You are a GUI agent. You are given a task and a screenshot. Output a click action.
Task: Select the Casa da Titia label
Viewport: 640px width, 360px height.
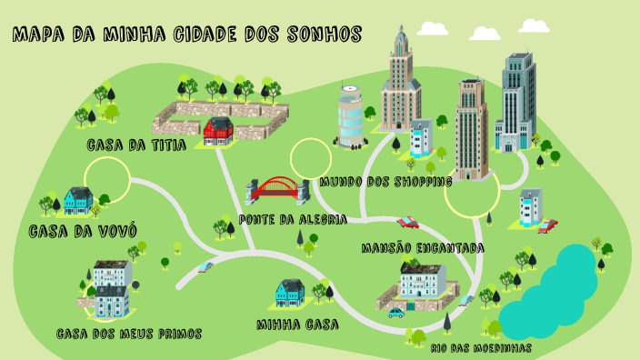136,145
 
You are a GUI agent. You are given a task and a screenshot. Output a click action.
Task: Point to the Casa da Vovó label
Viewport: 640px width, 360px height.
77,231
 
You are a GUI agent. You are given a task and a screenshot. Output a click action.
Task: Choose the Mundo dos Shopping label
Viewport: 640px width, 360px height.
385,182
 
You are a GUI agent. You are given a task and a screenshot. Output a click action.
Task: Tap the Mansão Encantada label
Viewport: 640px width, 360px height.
422,247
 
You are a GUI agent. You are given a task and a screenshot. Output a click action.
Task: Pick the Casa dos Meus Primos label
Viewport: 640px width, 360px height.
128,334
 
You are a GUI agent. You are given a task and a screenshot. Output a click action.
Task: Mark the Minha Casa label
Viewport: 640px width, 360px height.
297,324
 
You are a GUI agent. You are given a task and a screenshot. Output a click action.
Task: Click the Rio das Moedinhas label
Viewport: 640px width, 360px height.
482,347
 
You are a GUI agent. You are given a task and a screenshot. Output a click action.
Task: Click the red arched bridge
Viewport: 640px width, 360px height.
277,190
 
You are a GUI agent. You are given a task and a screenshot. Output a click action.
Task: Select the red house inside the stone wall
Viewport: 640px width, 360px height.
218,131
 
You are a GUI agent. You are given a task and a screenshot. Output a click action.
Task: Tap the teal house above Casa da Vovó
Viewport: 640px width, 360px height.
78,199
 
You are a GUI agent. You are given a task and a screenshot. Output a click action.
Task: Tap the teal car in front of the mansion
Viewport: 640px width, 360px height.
396,313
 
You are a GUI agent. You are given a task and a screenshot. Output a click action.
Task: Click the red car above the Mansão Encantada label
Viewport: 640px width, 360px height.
408,221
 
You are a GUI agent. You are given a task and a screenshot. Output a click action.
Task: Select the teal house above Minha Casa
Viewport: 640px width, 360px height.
290,291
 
